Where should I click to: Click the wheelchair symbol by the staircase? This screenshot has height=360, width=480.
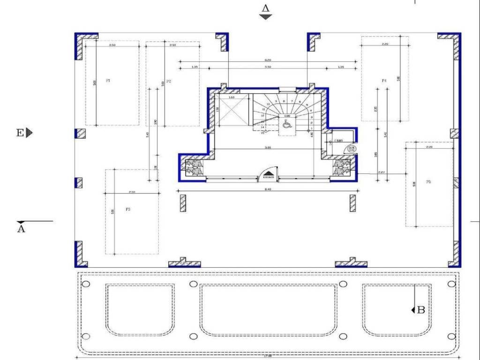(x=287, y=124)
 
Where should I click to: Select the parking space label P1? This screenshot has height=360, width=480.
(x=108, y=81)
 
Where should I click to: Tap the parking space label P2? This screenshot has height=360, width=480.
(x=169, y=82)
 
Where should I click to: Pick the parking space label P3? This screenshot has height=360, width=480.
(x=127, y=210)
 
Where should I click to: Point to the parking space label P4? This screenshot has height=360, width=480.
(x=384, y=81)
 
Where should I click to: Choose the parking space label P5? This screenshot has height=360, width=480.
(x=428, y=182)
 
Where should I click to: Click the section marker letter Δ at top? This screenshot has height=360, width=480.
(x=266, y=8)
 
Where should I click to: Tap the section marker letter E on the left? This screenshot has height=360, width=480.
(x=20, y=133)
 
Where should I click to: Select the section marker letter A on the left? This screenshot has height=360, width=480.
(x=21, y=229)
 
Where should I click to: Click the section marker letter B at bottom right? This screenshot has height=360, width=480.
(x=420, y=309)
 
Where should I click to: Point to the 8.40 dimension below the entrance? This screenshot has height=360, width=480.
(x=267, y=189)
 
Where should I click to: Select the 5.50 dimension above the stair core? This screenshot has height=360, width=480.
(x=267, y=67)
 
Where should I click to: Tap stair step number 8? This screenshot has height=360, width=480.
(x=284, y=101)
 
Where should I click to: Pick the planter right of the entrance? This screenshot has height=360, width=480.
(x=341, y=168)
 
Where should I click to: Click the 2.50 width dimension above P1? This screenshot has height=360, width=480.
(x=112, y=45)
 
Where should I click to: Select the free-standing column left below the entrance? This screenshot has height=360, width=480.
(x=183, y=203)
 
